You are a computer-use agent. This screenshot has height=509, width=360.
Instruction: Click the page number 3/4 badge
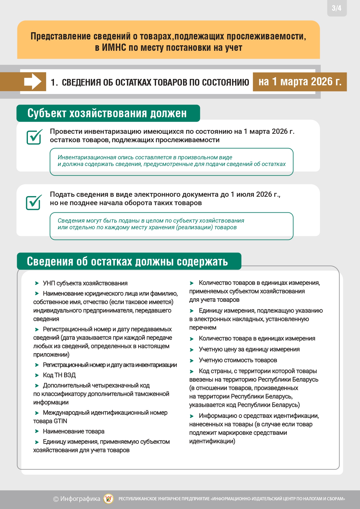[x=337, y=8]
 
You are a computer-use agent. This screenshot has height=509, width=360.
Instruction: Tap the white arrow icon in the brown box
[x=33, y=82]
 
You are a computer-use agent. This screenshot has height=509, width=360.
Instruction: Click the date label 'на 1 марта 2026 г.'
[x=300, y=82]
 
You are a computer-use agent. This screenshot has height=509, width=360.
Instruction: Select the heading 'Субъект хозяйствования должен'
[x=107, y=113]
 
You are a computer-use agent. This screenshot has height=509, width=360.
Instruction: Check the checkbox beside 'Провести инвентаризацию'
[x=34, y=137]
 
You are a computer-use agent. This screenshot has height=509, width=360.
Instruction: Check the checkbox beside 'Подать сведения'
[x=34, y=202]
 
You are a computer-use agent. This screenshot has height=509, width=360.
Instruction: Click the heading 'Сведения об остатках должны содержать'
[x=127, y=261]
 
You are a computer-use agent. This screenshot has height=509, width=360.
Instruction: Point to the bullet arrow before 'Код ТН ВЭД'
[x=37, y=375]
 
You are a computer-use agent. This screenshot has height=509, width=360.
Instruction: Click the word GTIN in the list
[x=60, y=421]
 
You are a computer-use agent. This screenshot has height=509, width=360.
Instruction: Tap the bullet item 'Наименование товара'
[x=73, y=432]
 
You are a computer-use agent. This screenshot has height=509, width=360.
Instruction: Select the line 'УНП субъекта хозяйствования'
[x=85, y=283]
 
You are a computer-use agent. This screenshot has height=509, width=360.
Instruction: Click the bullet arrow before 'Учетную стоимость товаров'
[x=192, y=361]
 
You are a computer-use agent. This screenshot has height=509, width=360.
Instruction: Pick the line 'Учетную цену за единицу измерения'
[x=249, y=349]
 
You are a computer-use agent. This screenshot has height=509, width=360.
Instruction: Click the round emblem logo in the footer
[x=109, y=499]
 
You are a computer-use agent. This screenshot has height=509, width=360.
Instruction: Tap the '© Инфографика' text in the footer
[x=77, y=499]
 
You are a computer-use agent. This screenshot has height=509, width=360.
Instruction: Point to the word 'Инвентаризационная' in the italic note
[x=86, y=157]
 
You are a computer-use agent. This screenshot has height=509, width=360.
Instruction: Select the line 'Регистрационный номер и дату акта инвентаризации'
[x=110, y=365]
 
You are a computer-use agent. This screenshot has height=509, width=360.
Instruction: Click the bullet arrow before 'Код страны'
[x=192, y=371]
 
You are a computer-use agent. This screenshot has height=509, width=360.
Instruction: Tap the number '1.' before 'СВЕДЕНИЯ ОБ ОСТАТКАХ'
[x=54, y=82]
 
